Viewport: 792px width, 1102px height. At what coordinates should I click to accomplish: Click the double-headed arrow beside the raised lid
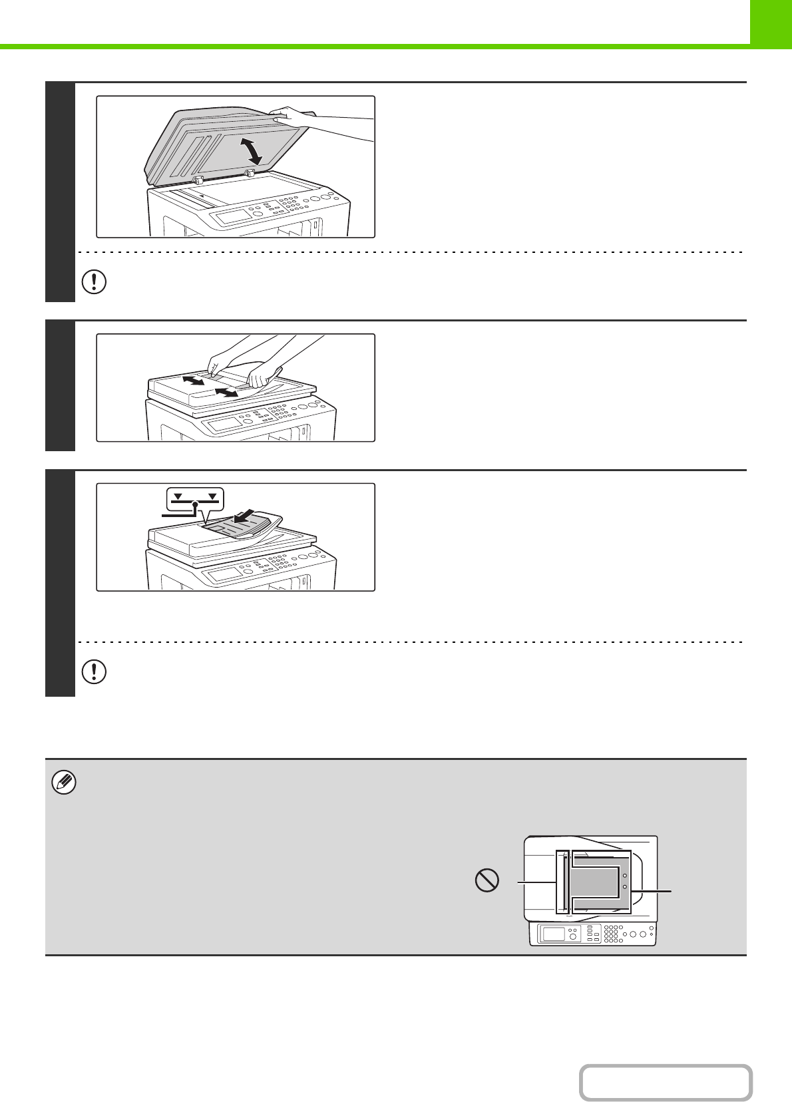(x=254, y=152)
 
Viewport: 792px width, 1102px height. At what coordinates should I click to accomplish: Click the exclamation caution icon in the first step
(x=94, y=281)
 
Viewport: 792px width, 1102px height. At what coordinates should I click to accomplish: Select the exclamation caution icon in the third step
(x=94, y=671)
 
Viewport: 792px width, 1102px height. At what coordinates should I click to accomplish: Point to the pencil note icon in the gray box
(x=64, y=783)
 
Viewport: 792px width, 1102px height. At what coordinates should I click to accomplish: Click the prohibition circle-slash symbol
(x=487, y=882)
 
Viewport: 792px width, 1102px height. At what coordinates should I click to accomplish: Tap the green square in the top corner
(x=771, y=22)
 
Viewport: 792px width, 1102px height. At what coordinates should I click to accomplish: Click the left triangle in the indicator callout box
(x=177, y=496)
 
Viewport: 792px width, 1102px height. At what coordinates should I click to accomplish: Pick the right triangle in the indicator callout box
(x=212, y=496)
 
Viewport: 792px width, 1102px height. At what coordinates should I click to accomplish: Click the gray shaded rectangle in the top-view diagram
(x=595, y=883)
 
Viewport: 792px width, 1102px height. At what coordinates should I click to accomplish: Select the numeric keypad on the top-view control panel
(x=614, y=933)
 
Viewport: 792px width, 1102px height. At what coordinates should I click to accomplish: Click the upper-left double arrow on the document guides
(x=193, y=381)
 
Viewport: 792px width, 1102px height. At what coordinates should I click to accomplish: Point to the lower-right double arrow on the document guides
(x=226, y=393)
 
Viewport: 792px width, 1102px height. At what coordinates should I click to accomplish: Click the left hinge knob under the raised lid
(x=197, y=180)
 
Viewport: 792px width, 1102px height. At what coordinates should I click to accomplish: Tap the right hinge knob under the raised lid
(x=250, y=173)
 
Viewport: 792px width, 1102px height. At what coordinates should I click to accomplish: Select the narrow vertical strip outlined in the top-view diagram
(x=563, y=882)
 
